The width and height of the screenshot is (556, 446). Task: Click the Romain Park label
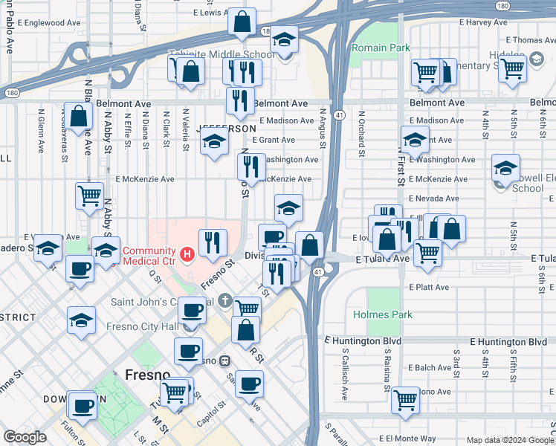[x=380, y=48]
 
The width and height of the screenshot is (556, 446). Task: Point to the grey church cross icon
[x=227, y=300]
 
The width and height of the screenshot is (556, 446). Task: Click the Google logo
[x=25, y=437]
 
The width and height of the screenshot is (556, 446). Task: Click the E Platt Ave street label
[x=428, y=287]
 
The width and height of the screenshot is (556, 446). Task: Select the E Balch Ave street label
[x=429, y=367]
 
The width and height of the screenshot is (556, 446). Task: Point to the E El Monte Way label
[x=407, y=439]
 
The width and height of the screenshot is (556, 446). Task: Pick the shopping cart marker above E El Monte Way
[x=405, y=399]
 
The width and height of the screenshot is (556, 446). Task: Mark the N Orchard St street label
[x=362, y=132]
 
